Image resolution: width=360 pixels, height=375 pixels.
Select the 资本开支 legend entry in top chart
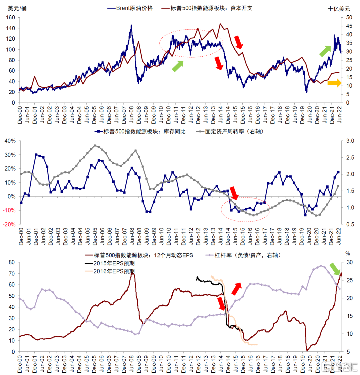tap(211, 8)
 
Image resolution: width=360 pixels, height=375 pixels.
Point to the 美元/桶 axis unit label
tap(17, 9)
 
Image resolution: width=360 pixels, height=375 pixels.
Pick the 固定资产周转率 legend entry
tap(230, 132)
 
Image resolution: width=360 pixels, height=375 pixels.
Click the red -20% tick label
tap(9, 225)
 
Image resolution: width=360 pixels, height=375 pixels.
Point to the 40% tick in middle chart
tap(10, 141)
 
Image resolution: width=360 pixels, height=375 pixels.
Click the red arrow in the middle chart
tap(235, 193)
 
